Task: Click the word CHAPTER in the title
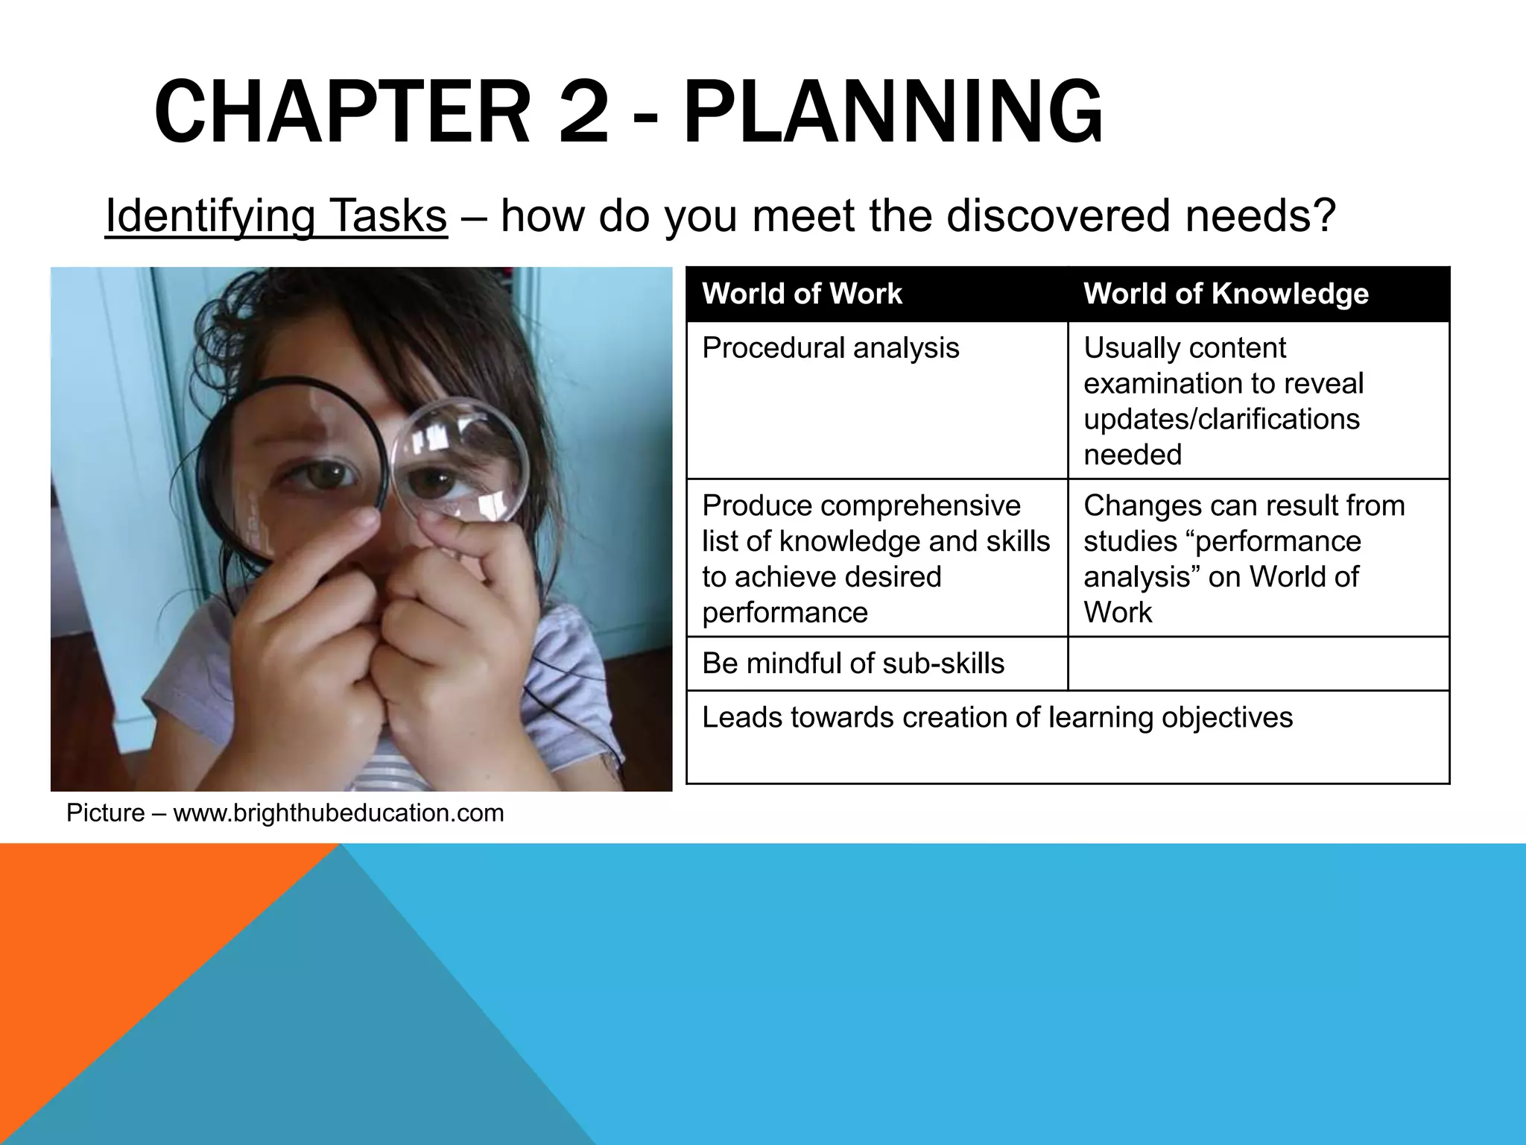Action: click(341, 114)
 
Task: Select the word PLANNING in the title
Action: click(892, 114)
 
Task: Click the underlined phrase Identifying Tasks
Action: click(276, 216)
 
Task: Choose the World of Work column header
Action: click(802, 294)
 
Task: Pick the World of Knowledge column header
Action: click(1226, 294)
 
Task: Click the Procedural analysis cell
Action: click(830, 348)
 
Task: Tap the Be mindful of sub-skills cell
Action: click(852, 663)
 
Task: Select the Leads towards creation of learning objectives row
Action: click(997, 718)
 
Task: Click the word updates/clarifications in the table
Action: click(1221, 419)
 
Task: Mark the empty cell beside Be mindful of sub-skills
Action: click(1258, 663)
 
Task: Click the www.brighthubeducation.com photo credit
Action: click(338, 813)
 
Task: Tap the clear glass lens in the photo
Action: click(459, 459)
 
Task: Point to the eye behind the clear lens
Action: click(435, 485)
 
